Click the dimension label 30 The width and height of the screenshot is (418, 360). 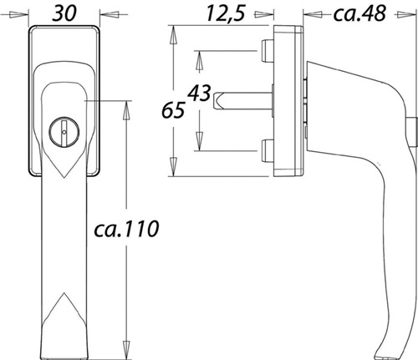point(64,13)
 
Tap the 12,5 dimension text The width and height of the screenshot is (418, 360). point(226,13)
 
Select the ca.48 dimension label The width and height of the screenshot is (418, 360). point(359,13)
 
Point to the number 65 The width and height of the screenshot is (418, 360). point(173,110)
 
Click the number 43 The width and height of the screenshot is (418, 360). point(199,93)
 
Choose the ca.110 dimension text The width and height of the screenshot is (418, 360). point(126,229)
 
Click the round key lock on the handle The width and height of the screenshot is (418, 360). point(64,132)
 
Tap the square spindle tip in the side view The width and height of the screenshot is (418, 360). point(218,101)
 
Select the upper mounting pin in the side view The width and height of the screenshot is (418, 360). point(267,50)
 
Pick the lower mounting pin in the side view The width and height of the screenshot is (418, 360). point(267,151)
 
